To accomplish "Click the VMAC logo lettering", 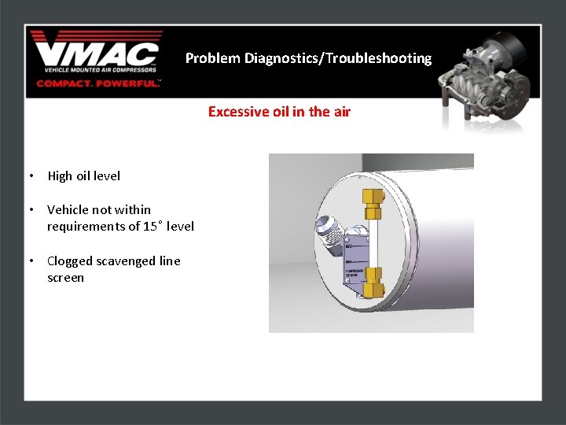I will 96,55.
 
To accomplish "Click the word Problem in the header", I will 213,58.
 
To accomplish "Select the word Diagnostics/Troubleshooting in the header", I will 338,58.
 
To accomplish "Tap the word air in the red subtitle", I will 341,112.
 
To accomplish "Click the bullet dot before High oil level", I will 29,176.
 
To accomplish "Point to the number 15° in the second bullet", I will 153,227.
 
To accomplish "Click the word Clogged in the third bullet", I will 70,261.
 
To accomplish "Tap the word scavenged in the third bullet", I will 126,261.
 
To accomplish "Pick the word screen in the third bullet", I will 65,278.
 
